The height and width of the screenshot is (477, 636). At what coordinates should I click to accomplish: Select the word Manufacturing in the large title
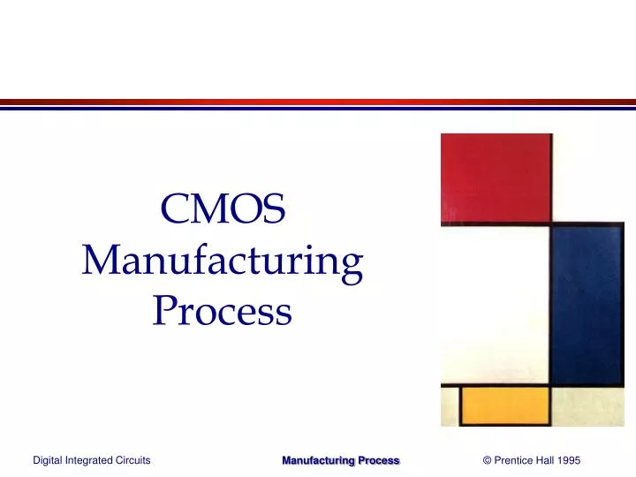point(223,261)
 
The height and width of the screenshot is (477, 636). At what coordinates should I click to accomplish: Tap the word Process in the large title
point(223,310)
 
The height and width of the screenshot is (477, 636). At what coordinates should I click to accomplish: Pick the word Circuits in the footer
point(132,460)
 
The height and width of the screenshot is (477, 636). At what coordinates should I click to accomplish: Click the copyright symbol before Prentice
point(488,460)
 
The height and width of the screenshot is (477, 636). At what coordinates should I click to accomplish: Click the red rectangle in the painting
point(495,177)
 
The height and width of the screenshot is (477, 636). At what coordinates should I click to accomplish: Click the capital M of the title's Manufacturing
point(100,261)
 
